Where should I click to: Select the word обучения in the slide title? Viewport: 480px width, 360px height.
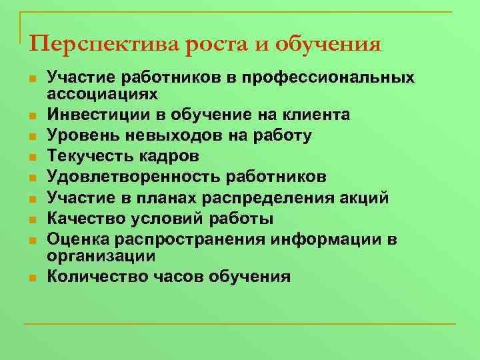[330, 44]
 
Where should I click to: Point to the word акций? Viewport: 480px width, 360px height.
[365, 197]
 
